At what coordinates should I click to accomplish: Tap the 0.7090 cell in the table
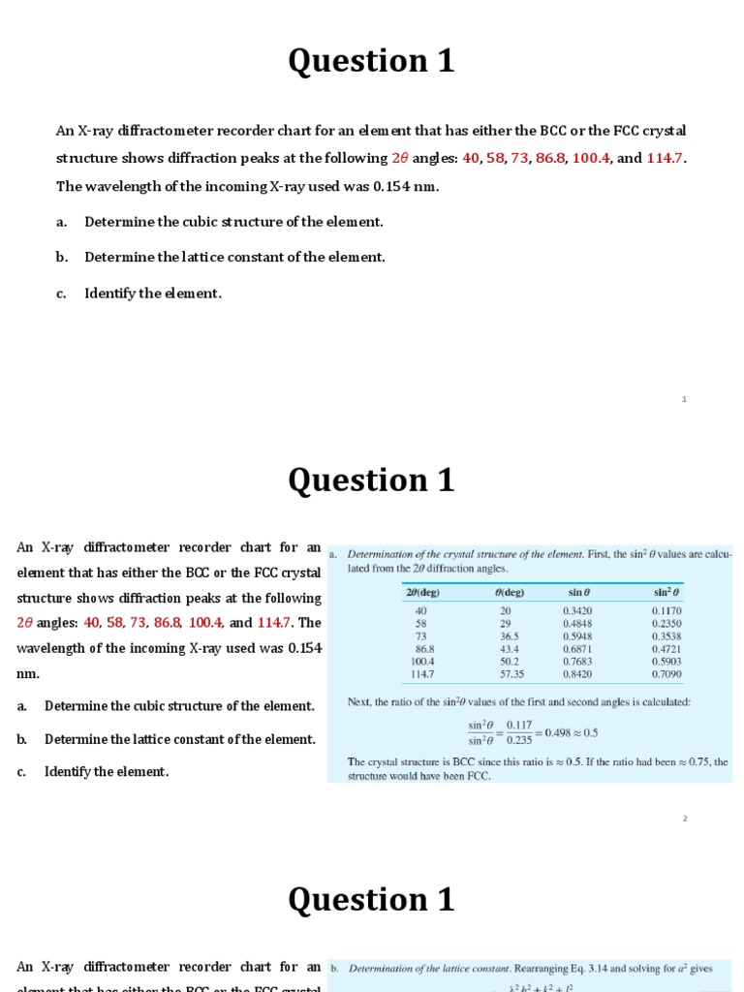[666, 673]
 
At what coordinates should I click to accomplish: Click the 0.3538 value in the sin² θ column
[666, 636]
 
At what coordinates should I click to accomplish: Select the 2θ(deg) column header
[420, 592]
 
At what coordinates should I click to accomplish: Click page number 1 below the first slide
[684, 399]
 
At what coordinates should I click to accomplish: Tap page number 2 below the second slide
[684, 819]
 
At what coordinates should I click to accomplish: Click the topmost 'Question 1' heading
[371, 61]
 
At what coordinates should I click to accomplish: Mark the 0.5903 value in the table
[666, 661]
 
